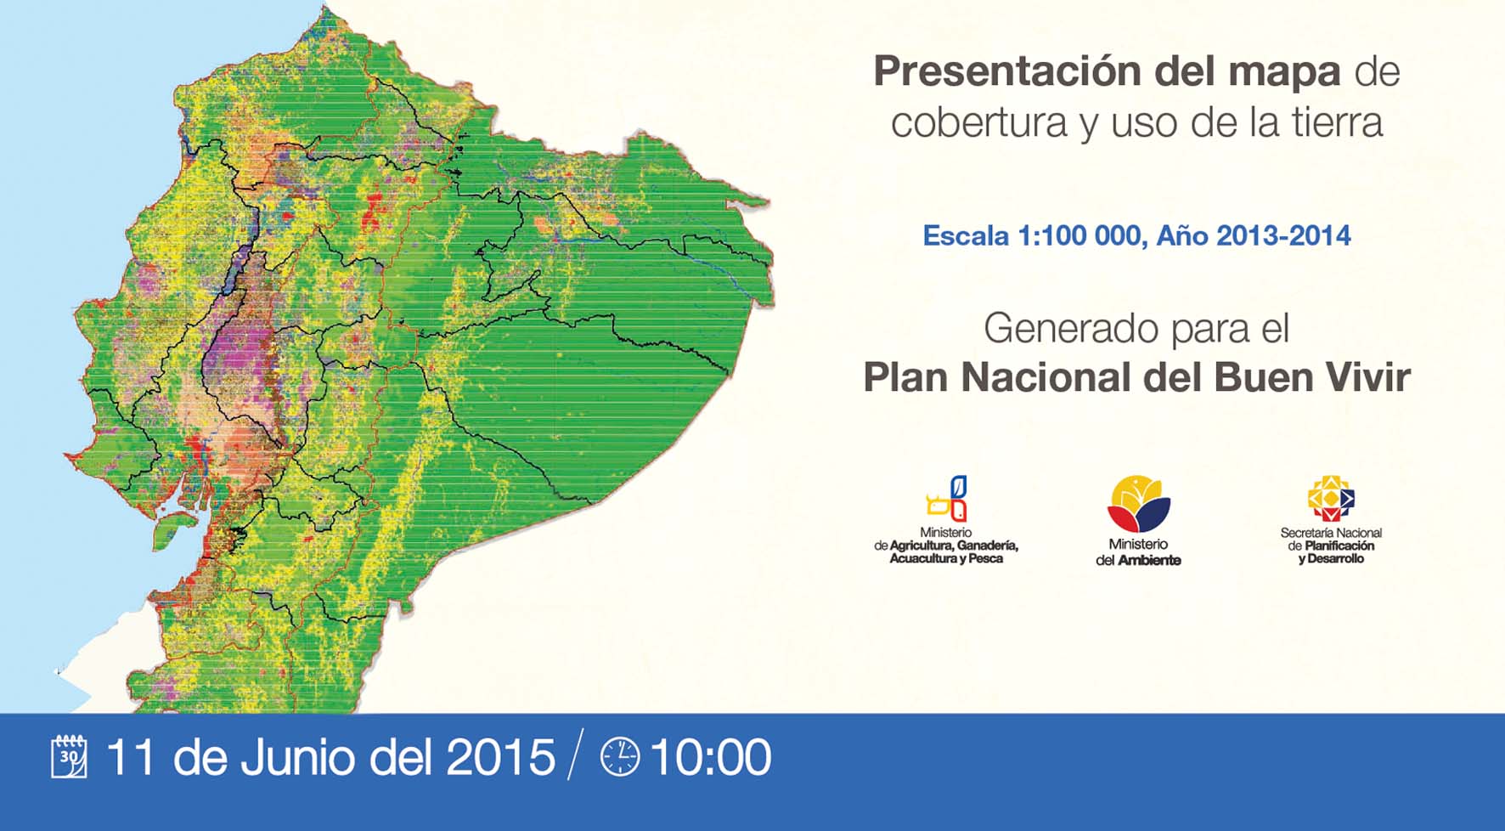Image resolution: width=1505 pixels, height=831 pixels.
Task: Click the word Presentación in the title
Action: point(1009,72)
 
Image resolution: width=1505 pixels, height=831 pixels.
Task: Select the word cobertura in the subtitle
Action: point(979,122)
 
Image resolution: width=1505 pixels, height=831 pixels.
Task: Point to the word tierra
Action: point(1338,122)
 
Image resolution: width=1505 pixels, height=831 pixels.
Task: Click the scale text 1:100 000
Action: point(1079,235)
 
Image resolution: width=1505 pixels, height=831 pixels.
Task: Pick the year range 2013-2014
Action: point(1283,235)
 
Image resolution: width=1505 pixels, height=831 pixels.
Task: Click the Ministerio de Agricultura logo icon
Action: point(947,498)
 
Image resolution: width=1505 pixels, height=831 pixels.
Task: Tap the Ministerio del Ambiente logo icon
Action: point(1139,503)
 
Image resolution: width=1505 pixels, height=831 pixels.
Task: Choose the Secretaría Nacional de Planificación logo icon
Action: point(1331,498)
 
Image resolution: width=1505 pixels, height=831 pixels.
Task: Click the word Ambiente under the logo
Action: point(1149,560)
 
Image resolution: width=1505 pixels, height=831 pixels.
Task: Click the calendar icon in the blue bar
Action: point(69,756)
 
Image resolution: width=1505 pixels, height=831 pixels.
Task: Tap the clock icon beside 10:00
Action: point(620,756)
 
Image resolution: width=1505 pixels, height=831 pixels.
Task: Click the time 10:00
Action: point(711,757)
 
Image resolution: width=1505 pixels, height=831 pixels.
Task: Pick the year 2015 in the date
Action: point(500,757)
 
